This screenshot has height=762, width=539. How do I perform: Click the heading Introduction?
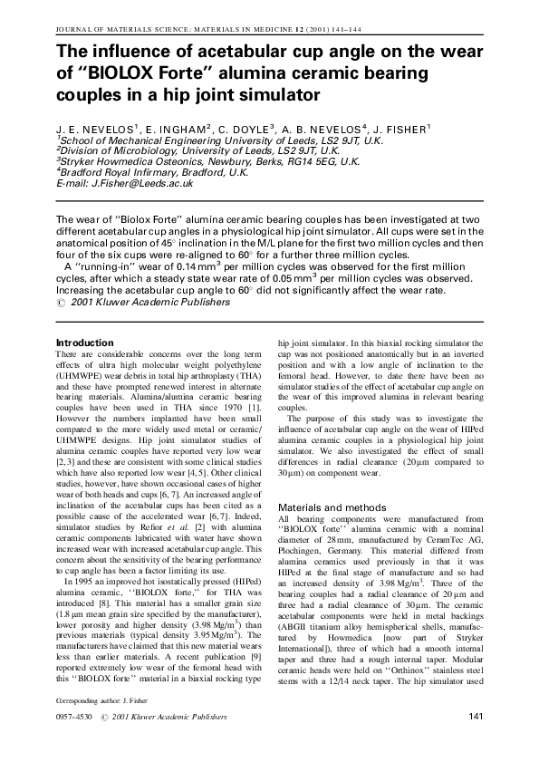pyautogui.click(x=90, y=342)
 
